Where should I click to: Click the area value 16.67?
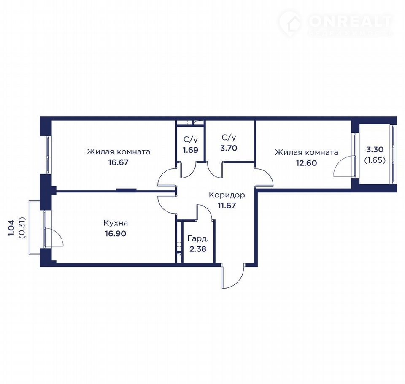point(118,162)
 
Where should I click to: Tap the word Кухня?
point(116,223)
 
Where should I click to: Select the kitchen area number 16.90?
point(116,234)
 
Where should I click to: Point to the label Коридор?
point(227,195)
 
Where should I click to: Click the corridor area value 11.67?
point(227,206)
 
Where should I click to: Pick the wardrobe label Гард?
point(198,238)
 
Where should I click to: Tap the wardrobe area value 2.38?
point(198,249)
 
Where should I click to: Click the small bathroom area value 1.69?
point(191,150)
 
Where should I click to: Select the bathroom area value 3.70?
point(229,149)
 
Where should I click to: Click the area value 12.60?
point(306,163)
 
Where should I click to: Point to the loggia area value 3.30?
point(375,149)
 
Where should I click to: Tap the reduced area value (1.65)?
point(375,160)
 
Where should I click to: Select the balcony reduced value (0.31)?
point(22,227)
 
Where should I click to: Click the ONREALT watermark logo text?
point(350,21)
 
